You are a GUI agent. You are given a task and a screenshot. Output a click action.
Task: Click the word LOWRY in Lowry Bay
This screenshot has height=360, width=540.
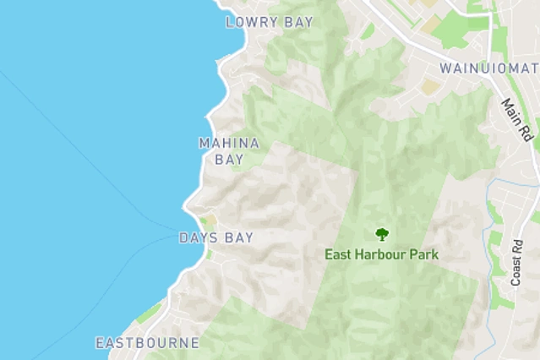point(252,22)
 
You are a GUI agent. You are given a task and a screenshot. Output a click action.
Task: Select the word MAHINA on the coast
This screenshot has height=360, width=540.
point(229,143)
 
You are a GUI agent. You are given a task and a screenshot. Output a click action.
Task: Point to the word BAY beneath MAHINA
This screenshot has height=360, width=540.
point(229,159)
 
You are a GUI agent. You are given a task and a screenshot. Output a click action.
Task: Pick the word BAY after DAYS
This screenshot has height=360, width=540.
point(239,238)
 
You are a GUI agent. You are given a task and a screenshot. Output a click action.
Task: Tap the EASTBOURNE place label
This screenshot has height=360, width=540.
point(147,343)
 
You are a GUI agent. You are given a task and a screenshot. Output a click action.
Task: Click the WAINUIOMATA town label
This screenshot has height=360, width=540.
point(489,68)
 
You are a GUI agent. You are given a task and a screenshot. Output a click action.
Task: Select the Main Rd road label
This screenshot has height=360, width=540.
point(516,120)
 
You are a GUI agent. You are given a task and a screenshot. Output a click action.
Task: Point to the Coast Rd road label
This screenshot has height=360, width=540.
point(516,262)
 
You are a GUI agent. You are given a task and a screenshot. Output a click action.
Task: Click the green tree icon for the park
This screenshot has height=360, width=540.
point(382,234)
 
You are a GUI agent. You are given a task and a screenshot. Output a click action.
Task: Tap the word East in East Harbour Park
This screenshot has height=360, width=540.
point(340,254)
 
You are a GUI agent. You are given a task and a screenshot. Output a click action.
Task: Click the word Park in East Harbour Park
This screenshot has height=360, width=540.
point(425,254)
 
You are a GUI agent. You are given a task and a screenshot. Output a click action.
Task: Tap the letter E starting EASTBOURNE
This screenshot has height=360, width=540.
point(100,343)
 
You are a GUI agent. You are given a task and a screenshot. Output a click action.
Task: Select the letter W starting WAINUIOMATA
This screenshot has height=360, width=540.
point(446,68)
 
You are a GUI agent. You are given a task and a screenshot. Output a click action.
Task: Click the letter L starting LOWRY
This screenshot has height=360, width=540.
point(230,22)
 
